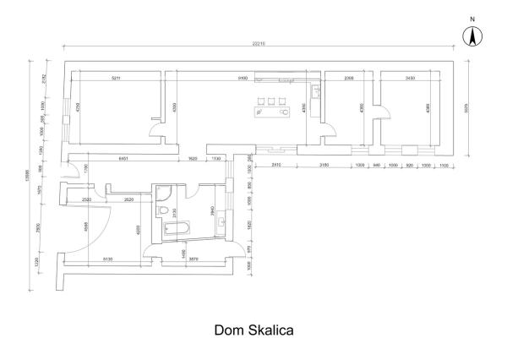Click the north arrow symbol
[x=472, y=35]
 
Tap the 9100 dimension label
[x=243, y=78]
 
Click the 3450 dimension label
[x=410, y=78]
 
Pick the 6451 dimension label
[x=123, y=158]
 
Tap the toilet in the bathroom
[x=162, y=207]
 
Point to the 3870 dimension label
[x=194, y=258]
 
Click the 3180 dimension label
[x=324, y=165]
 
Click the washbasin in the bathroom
[x=221, y=222]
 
